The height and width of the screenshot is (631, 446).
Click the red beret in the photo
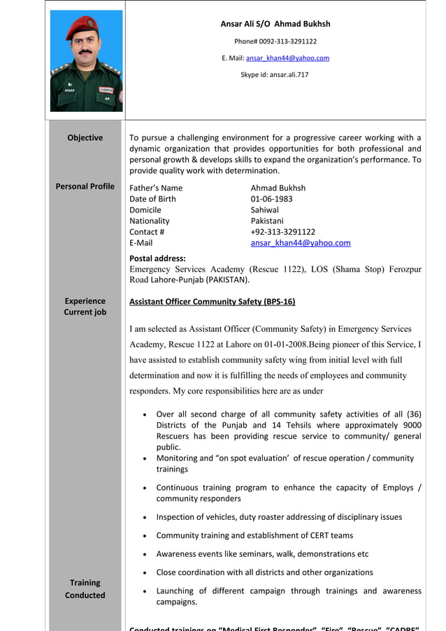(83, 29)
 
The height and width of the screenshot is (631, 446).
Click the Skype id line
(275, 74)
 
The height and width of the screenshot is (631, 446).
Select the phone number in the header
(275, 41)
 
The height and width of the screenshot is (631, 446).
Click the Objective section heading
(85, 138)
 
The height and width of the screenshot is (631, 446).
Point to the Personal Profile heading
(85, 186)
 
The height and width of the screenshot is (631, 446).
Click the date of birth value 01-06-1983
(271, 198)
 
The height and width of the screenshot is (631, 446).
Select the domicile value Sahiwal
(264, 210)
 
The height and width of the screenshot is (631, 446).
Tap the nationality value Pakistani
(268, 221)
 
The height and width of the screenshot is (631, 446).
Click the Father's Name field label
(155, 187)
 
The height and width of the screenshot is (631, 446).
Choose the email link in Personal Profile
(301, 243)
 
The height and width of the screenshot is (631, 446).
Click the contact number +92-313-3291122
(282, 232)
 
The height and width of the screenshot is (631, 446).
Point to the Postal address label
(157, 258)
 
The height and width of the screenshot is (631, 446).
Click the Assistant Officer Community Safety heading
(212, 302)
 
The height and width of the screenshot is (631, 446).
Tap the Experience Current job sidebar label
(85, 306)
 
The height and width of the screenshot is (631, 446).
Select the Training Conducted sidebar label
(85, 588)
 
